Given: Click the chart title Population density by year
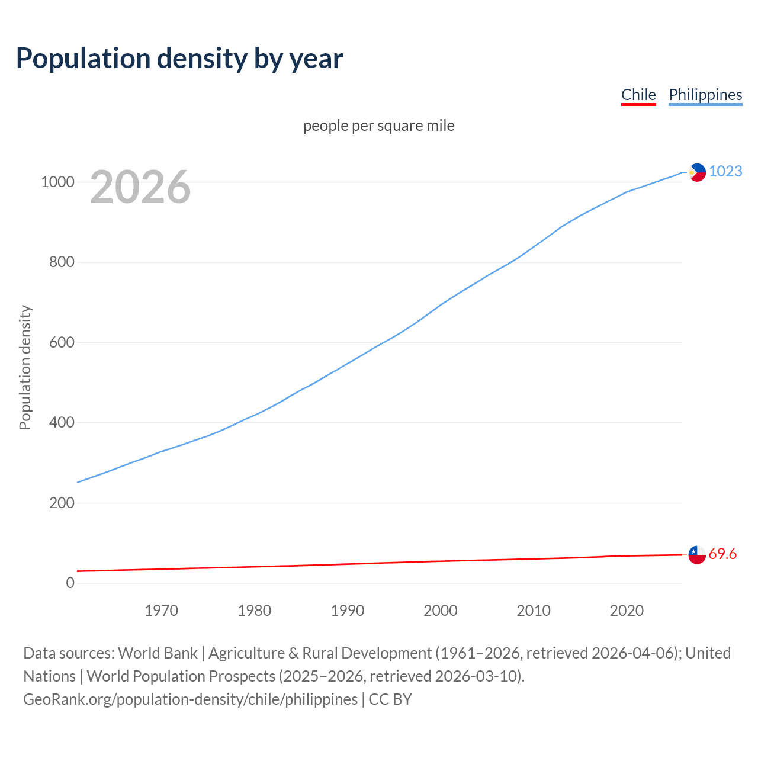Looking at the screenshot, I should (x=179, y=59).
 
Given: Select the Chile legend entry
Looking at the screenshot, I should (x=638, y=95).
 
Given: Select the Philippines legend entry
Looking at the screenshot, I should (x=705, y=95).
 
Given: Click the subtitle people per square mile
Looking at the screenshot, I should (x=378, y=126).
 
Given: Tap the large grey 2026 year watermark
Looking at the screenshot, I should (x=140, y=187).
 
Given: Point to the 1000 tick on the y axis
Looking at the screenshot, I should (x=57, y=182).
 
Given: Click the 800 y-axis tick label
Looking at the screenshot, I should (x=62, y=262).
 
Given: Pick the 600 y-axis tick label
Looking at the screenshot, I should (x=62, y=342).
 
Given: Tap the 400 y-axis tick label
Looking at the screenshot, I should (x=62, y=422).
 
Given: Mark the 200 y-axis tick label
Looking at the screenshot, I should (x=62, y=503).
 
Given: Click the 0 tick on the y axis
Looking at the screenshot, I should (x=70, y=583).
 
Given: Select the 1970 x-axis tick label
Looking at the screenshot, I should (x=161, y=611).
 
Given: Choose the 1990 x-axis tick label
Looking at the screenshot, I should (x=348, y=611).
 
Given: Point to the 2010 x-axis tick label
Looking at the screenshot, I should (x=534, y=611).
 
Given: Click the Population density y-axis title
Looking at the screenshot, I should (x=25, y=367).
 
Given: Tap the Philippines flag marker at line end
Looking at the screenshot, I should (x=697, y=172).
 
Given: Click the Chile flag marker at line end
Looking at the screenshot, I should (x=697, y=555).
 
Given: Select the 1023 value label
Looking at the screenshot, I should (x=725, y=171).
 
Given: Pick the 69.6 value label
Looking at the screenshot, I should (x=722, y=554).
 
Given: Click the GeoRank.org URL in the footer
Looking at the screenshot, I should (x=190, y=699).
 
